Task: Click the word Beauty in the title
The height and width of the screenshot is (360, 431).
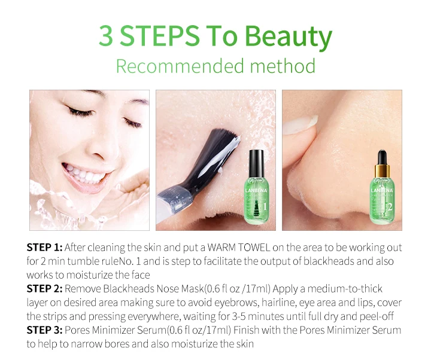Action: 289,36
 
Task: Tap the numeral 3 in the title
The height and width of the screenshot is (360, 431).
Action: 106,36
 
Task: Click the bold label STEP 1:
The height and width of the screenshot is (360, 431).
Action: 44,248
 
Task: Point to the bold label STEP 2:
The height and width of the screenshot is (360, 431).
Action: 44,289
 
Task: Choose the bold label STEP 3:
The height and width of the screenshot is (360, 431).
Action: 44,330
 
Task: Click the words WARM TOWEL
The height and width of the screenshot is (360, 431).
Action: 239,248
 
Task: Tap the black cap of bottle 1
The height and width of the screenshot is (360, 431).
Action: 256,163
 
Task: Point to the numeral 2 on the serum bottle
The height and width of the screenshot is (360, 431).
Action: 390,207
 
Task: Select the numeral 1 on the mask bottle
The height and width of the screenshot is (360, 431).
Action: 265,206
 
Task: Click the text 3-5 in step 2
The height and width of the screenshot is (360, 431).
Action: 239,316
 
